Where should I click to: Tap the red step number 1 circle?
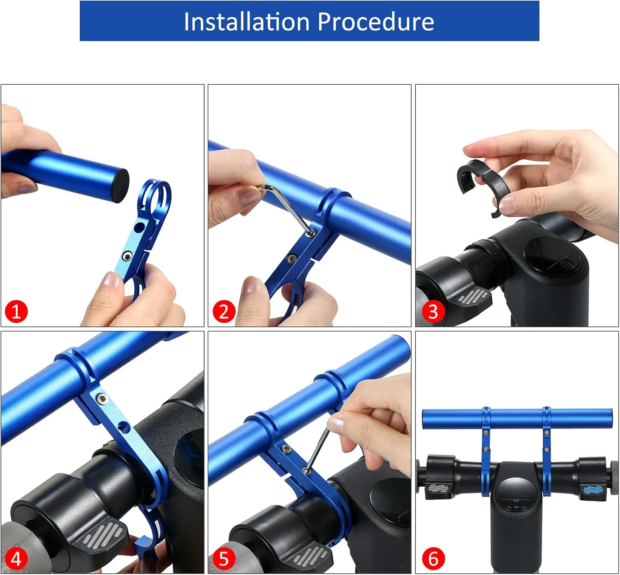pyautogui.click(x=16, y=311)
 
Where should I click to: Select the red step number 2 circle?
pyautogui.click(x=224, y=311)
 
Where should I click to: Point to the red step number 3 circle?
pyautogui.click(x=433, y=311)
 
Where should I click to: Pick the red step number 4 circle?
pyautogui.click(x=16, y=558)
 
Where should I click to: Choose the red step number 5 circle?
pyautogui.click(x=224, y=558)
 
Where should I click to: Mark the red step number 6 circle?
pyautogui.click(x=433, y=558)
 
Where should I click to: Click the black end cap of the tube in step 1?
pyautogui.click(x=121, y=185)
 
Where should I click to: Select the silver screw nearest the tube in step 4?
pyautogui.click(x=101, y=398)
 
